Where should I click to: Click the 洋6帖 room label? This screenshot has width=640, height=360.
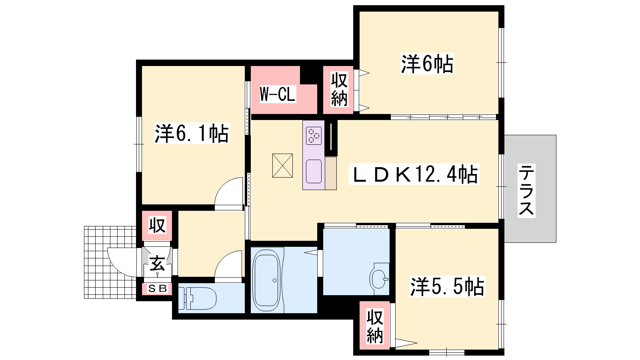tap(427, 64)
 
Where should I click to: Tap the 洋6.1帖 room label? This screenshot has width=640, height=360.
tap(192, 133)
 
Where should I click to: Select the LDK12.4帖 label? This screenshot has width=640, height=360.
tap(414, 174)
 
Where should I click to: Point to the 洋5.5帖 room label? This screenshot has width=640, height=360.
tap(447, 286)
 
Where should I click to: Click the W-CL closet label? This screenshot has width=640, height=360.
tap(278, 94)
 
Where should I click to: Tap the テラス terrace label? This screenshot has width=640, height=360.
tap(526, 190)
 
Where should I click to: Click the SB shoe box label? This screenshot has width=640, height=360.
tap(158, 288)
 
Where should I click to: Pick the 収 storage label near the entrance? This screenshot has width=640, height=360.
tap(158, 225)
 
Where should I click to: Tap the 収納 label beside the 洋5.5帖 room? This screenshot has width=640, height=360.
tap(375, 326)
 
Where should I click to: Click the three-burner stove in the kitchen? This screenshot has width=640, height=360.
tap(314, 136)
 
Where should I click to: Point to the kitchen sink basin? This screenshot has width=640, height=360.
tap(314, 172)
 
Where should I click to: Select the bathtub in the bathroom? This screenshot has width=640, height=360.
tap(266, 280)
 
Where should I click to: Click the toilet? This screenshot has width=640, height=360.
tap(197, 298)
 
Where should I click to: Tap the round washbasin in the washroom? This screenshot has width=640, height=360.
tap(379, 279)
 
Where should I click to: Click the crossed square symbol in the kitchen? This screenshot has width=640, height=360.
tap(282, 166)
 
